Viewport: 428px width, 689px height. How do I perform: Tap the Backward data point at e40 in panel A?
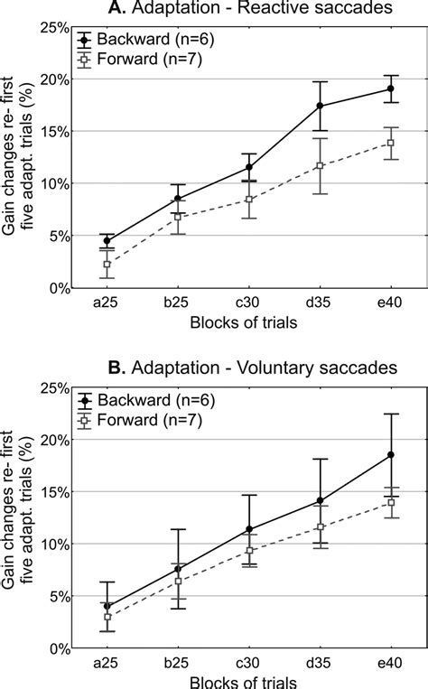(x=391, y=88)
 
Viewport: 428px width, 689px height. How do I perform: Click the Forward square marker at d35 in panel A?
(x=320, y=165)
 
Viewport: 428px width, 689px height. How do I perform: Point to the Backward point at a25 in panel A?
(x=107, y=241)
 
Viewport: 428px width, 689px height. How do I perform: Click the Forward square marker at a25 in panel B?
(x=107, y=617)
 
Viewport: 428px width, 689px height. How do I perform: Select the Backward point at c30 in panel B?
(x=249, y=529)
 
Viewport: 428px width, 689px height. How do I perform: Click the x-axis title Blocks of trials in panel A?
(x=248, y=322)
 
